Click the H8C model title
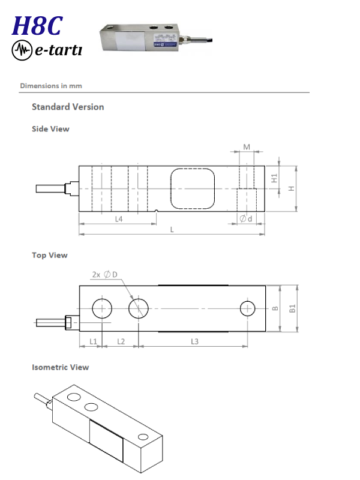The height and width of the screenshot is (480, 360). click(37, 26)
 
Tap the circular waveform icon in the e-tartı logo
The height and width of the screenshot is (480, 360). click(22, 50)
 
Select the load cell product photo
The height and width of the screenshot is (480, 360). click(156, 39)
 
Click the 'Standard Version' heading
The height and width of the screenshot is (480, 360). click(68, 107)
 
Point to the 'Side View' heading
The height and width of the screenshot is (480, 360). click(50, 129)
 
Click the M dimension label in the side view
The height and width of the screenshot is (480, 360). click(247, 147)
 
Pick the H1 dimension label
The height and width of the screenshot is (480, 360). click(274, 178)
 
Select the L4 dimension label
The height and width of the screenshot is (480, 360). click(119, 219)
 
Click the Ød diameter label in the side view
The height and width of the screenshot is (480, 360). click(246, 218)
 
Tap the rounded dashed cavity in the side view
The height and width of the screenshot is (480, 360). click(193, 188)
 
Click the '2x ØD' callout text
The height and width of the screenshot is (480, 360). click(104, 275)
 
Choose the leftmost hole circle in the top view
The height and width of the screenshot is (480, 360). click(102, 308)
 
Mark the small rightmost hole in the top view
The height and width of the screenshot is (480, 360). click(247, 308)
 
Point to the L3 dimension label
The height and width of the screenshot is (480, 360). click(194, 341)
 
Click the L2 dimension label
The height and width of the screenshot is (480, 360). click(121, 341)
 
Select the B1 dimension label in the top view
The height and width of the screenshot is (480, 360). click(293, 308)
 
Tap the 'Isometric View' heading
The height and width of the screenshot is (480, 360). click(61, 367)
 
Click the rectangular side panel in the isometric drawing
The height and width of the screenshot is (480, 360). click(107, 440)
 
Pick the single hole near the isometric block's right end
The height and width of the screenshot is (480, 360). click(143, 437)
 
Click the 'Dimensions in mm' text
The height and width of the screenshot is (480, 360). click(51, 86)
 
